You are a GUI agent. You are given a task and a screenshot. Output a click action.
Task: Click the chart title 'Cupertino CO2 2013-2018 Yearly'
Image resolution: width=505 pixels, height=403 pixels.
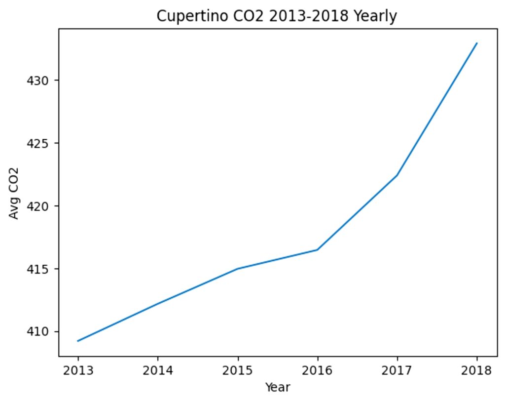[277, 16]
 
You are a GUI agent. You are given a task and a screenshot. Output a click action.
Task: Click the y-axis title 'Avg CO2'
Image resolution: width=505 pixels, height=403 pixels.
[14, 194]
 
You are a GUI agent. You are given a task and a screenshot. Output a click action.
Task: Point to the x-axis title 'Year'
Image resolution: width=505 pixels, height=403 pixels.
[278, 387]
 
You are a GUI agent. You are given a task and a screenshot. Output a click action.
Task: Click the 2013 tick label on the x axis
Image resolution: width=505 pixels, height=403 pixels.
[78, 371]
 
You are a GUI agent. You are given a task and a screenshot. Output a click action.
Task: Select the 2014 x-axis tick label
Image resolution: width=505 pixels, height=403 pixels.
[158, 371]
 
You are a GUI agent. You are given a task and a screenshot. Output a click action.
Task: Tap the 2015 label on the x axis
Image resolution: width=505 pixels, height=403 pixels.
[238, 371]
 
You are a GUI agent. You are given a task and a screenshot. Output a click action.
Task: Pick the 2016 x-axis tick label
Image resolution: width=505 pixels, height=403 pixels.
[317, 371]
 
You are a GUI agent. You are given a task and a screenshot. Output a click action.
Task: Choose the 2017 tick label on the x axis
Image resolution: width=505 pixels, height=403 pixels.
[397, 371]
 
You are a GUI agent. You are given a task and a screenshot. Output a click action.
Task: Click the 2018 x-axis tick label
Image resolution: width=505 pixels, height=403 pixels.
[477, 371]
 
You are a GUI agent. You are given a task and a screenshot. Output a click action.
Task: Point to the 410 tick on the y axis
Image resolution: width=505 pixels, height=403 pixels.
[37, 332]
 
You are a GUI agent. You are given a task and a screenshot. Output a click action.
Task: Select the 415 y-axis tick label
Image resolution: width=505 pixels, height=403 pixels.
[37, 269]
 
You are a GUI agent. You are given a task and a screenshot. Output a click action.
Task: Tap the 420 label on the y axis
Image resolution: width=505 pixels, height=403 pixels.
[37, 206]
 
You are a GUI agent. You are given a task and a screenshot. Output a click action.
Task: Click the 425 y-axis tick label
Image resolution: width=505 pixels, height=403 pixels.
[37, 143]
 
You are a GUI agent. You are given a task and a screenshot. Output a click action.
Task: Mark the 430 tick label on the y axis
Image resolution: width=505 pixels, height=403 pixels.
[37, 81]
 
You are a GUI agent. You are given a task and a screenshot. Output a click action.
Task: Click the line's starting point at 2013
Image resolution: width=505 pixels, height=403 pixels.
[78, 341]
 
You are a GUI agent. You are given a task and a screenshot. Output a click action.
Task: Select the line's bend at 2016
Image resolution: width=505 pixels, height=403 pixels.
[318, 250]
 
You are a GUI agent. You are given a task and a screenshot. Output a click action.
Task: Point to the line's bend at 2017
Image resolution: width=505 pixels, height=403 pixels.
[397, 175]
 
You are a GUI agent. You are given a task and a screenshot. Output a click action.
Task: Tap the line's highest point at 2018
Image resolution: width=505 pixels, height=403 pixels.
[477, 43]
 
